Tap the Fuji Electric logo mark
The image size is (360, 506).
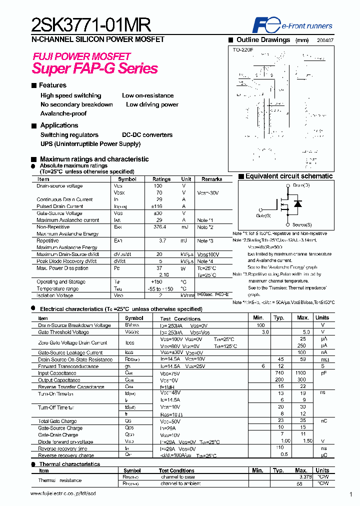[262, 25]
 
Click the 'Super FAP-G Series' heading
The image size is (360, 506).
[95, 68]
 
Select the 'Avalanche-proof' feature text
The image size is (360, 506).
[63, 113]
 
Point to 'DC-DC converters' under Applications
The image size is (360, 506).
[147, 135]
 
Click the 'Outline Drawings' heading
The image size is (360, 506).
[263, 40]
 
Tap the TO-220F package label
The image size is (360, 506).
[243, 50]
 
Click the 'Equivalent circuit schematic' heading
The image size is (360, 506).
[288, 176]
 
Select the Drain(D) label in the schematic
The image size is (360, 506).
[301, 185]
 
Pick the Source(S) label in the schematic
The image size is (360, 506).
[302, 225]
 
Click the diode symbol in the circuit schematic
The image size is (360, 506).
[298, 203]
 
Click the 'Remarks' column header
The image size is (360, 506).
[211, 179]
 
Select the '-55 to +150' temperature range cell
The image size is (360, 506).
[161, 289]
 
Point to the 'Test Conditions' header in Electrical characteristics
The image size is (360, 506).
[180, 318]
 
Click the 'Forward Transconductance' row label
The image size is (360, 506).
[68, 366]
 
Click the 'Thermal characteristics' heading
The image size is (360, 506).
[69, 464]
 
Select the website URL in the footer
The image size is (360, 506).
[62, 493]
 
